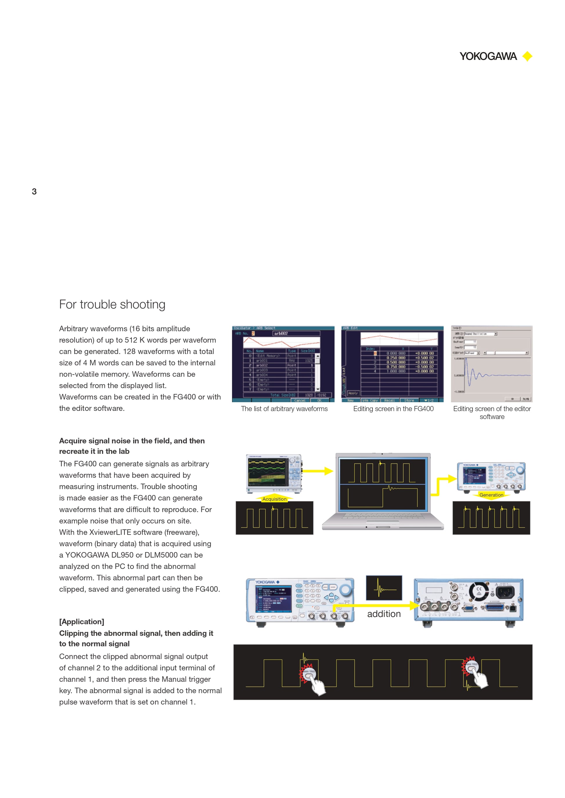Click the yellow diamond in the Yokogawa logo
click(x=528, y=56)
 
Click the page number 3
click(x=34, y=191)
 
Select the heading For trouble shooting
click(x=112, y=304)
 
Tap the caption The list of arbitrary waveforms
click(x=284, y=409)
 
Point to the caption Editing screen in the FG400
click(x=393, y=409)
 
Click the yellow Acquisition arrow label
click(x=274, y=499)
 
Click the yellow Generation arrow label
click(x=491, y=495)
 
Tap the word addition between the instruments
click(x=384, y=614)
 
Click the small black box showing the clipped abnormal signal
click(x=384, y=588)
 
